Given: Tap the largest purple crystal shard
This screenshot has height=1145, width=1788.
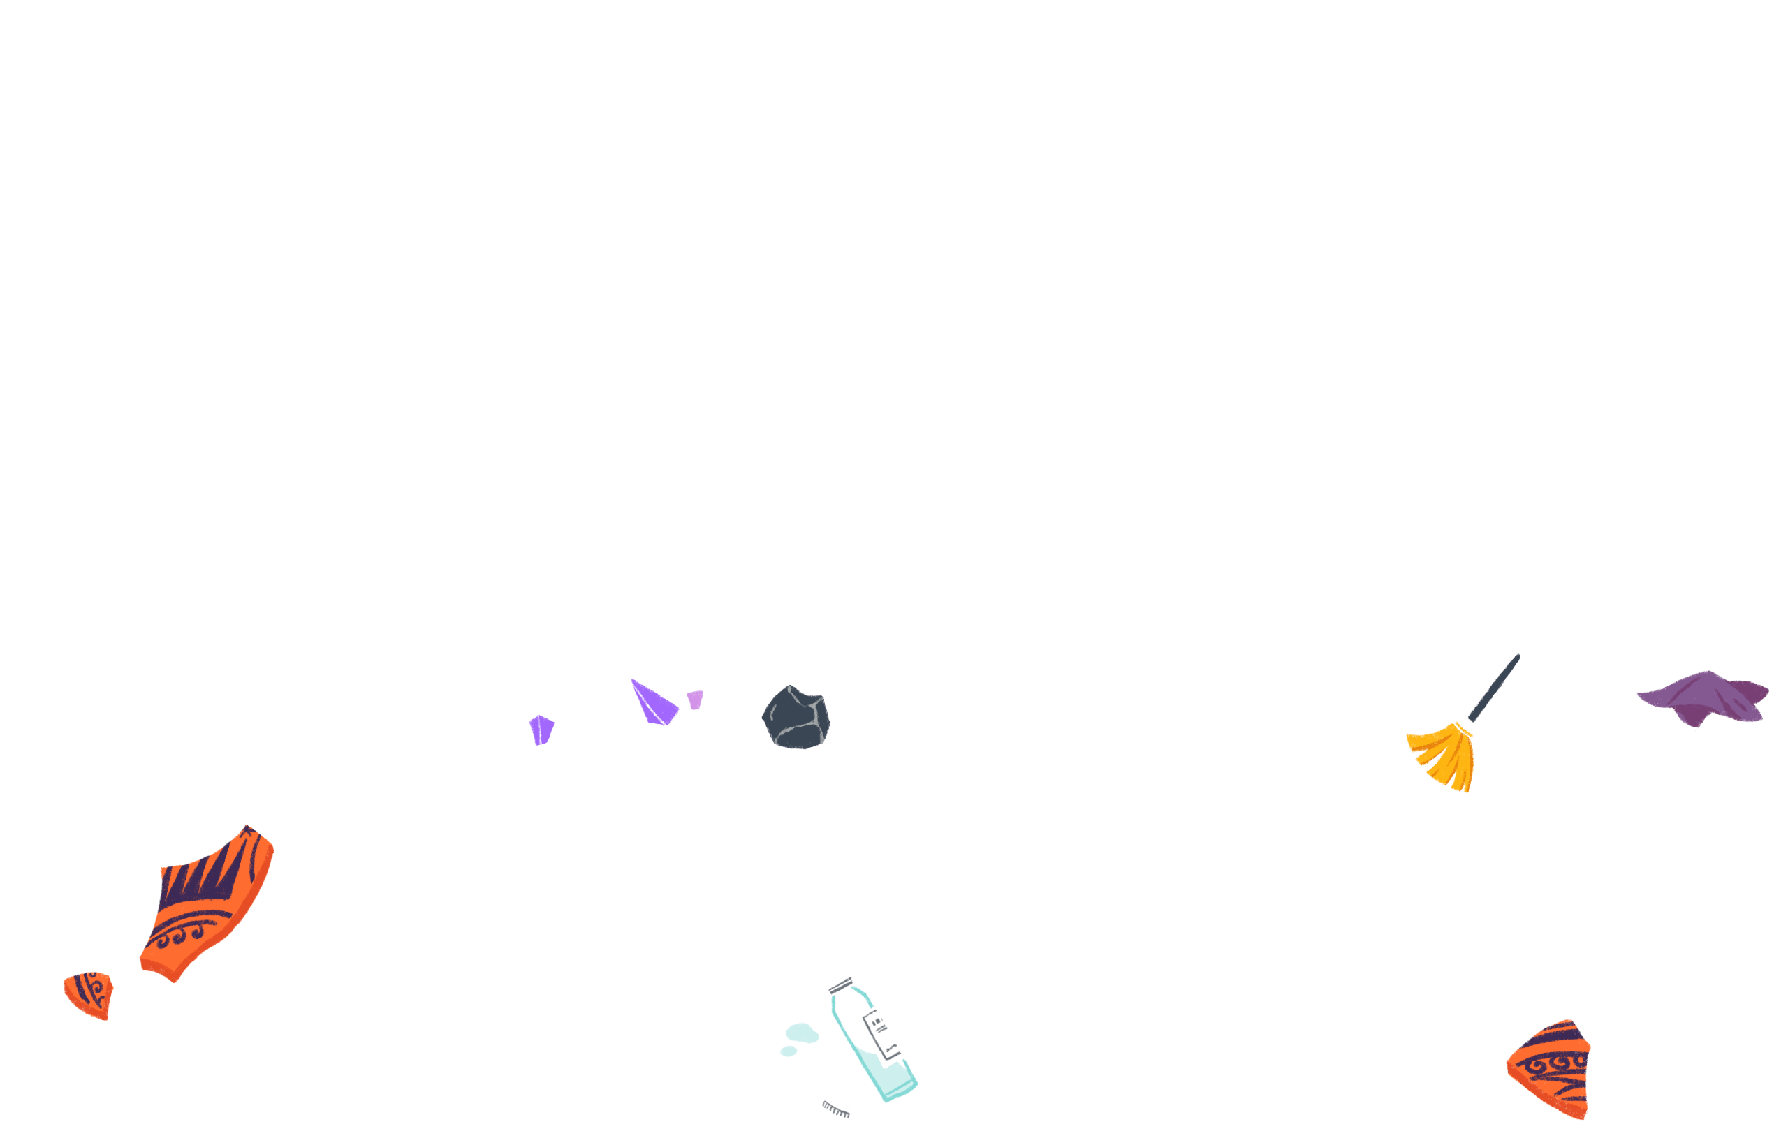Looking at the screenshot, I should pos(652,702).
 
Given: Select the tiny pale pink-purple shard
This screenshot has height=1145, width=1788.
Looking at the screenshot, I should pos(695,700).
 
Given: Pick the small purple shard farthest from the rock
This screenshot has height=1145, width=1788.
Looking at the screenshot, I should pos(541,730).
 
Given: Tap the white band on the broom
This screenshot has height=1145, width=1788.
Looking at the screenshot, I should pos(1465,727).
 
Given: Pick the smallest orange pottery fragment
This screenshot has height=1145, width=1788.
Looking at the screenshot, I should pos(89,994).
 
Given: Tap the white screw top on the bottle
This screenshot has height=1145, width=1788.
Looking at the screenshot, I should pos(840,984).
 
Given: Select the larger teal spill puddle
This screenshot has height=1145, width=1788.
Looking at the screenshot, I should pos(802,1033).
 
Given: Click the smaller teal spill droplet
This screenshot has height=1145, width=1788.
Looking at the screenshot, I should pos(789,1051).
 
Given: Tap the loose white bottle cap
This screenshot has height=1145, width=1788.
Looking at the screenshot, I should pos(837,1107).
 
